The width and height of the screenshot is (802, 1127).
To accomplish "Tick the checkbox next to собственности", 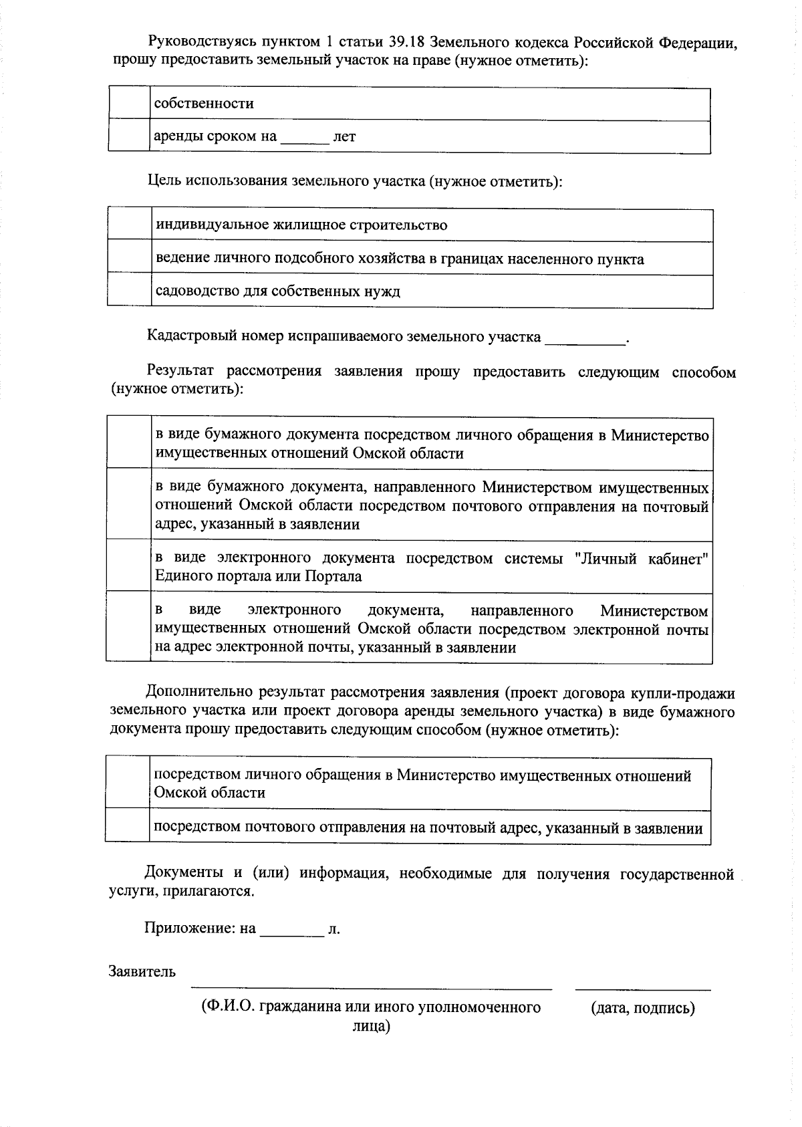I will click(129, 104).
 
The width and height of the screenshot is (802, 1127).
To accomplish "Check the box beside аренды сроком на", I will click(129, 136).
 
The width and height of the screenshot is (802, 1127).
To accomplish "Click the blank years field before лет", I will click(305, 138).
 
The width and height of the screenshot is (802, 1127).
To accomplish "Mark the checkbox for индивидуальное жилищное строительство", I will click(130, 225).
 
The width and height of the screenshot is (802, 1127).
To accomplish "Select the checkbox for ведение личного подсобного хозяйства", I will click(130, 258).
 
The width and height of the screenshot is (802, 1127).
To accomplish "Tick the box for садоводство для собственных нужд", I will click(130, 291).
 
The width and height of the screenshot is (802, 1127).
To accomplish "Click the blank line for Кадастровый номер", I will click(585, 338).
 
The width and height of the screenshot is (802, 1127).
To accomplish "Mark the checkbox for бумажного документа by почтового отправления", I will click(129, 505).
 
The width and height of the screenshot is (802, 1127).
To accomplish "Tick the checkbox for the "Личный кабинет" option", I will click(129, 566).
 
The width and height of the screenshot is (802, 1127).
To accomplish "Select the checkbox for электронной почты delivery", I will click(129, 628).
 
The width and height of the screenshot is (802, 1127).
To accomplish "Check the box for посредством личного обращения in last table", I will click(127, 783).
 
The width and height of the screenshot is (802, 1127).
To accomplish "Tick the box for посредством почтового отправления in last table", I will click(127, 827).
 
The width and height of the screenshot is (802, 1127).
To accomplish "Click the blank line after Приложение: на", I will click(291, 930).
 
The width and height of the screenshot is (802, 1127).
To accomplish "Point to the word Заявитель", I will click(142, 972).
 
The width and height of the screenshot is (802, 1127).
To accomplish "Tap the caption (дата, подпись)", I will click(642, 1008).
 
